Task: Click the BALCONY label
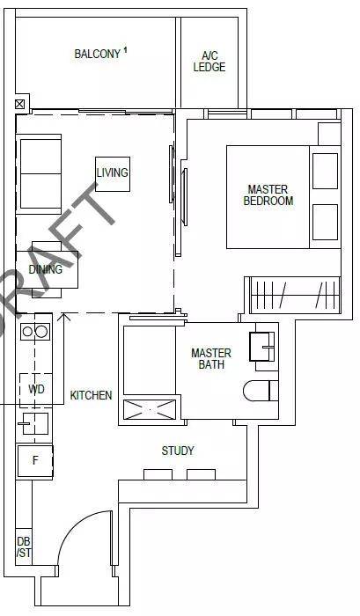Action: [x=97, y=54]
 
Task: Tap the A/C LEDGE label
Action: [x=209, y=62]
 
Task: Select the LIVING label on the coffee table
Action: [x=113, y=172]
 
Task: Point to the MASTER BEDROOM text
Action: [x=268, y=195]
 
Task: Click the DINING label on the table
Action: [x=46, y=269]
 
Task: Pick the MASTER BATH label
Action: [x=211, y=358]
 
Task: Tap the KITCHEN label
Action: [x=91, y=395]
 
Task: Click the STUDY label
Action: [x=178, y=451]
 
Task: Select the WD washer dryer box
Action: [x=36, y=390]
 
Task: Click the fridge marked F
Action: [x=35, y=461]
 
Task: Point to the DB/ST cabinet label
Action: [x=24, y=547]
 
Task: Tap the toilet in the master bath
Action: [x=261, y=391]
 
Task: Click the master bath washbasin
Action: [x=261, y=347]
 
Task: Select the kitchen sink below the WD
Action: [x=35, y=423]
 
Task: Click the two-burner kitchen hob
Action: [x=35, y=332]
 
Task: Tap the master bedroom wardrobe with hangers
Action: [x=295, y=294]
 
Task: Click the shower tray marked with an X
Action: [x=150, y=410]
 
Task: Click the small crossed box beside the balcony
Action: [x=19, y=104]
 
